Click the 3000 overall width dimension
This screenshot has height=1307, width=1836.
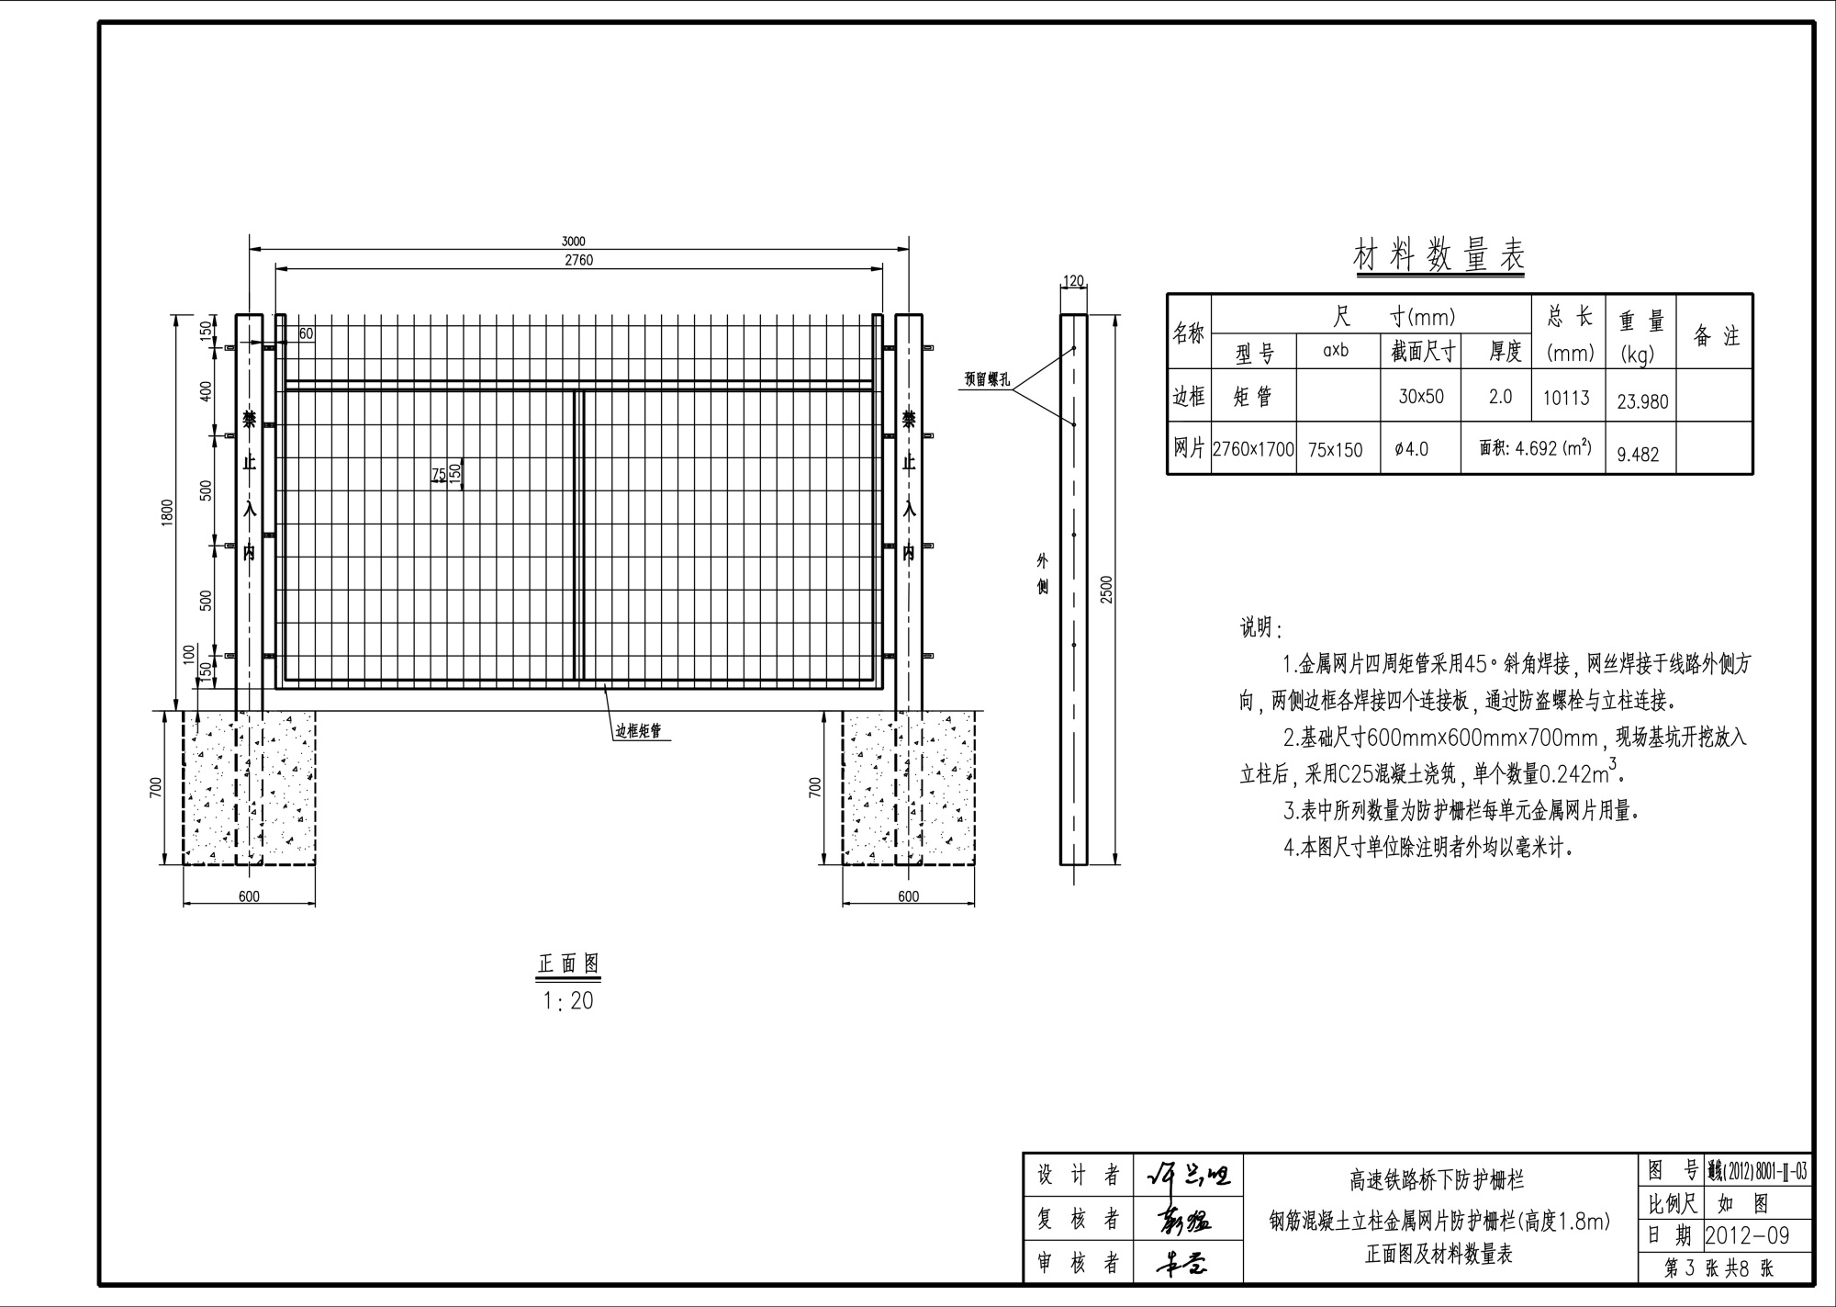coord(573,242)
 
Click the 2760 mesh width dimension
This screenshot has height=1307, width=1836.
coord(578,261)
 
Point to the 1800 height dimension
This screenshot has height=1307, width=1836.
coord(167,513)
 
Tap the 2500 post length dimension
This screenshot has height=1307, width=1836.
coord(1106,589)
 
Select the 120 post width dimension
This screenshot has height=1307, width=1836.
coord(1073,281)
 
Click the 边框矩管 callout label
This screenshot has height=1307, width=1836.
coord(638,732)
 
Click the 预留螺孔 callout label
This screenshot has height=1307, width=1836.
coord(986,379)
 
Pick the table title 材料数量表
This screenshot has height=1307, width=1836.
coord(1439,256)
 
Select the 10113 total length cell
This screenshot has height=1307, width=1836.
coord(1566,398)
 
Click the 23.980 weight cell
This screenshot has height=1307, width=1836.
coord(1642,401)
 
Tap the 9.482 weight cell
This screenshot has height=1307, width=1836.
coord(1638,454)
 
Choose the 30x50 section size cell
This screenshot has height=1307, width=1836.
coord(1421,396)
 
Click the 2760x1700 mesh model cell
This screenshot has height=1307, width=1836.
coord(1253,450)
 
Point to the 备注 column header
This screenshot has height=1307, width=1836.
coord(1716,336)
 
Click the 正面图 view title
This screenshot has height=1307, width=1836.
coord(568,963)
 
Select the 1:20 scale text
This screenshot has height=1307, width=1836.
coord(568,1001)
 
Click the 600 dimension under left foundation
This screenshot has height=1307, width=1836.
coord(249,896)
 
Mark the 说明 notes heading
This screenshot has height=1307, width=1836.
coord(1259,628)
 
